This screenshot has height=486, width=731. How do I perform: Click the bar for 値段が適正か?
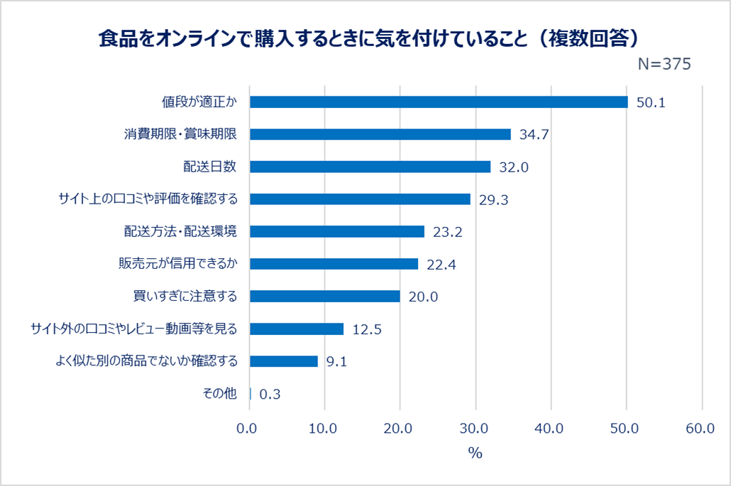439,102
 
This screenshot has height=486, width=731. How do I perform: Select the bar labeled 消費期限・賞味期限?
380,135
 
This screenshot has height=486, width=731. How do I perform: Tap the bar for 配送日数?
370,167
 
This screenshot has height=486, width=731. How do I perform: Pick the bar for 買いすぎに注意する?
325,297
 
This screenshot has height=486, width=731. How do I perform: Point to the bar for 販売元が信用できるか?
334,264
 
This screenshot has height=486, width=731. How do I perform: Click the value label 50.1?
650,103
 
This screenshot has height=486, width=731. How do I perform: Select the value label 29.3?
493,200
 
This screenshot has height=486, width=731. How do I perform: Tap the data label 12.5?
366,330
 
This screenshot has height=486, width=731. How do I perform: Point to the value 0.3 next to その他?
270,394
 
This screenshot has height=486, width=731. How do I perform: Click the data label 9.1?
336,362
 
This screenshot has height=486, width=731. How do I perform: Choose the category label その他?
219,394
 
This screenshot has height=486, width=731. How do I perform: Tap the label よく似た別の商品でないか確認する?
146,361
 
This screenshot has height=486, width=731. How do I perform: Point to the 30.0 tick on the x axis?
474,428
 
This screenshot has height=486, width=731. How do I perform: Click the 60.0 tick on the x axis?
700,428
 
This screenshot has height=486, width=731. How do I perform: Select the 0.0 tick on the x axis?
248,428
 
